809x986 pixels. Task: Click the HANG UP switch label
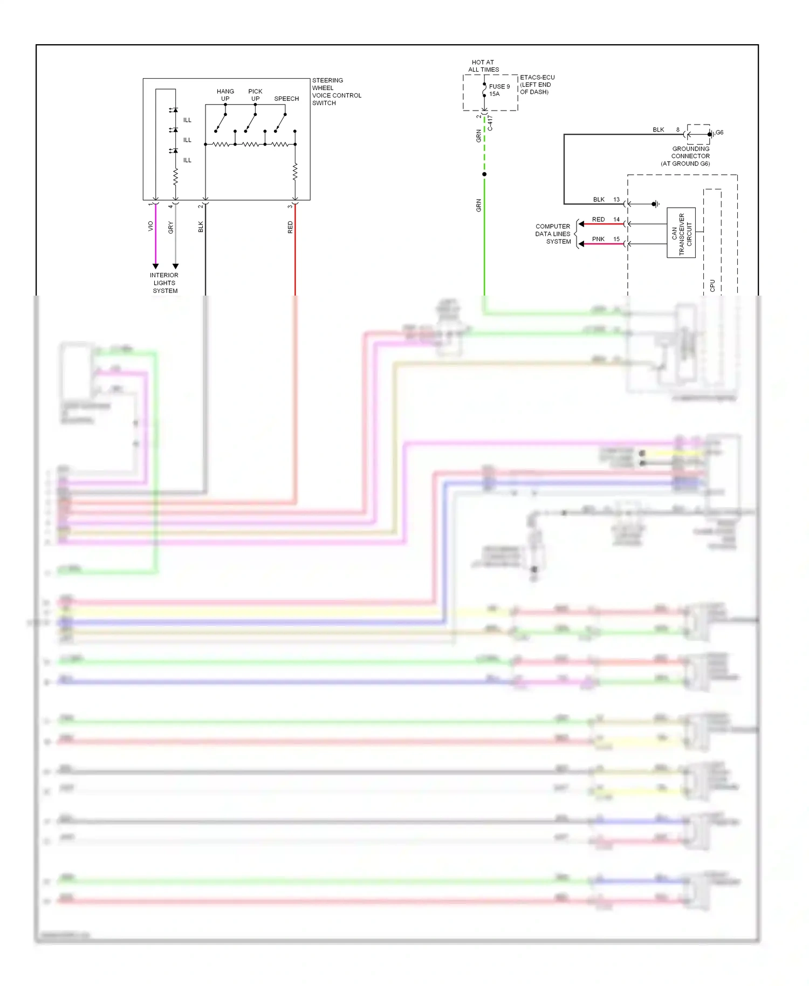[x=225, y=95]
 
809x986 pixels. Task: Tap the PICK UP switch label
[x=255, y=95]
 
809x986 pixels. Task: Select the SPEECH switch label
[x=286, y=99]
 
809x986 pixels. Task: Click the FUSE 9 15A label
[x=498, y=90]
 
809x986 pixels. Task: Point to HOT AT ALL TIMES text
[x=483, y=66]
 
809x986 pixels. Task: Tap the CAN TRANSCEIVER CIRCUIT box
[x=681, y=233]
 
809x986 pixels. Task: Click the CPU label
[x=712, y=285]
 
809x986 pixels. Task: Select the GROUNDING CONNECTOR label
[x=690, y=156]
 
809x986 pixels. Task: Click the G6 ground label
[x=719, y=133]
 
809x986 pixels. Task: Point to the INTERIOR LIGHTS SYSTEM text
[x=164, y=283]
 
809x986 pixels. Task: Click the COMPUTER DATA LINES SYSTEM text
[x=553, y=234]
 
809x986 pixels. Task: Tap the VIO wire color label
[x=150, y=227]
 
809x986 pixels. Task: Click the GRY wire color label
[x=170, y=227]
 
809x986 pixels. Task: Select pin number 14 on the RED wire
[x=616, y=220]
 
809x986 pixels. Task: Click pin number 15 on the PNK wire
[x=616, y=239]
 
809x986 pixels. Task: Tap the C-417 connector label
[x=490, y=124]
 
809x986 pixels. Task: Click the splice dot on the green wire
[x=484, y=174]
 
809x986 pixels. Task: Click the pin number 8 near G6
[x=678, y=130]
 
